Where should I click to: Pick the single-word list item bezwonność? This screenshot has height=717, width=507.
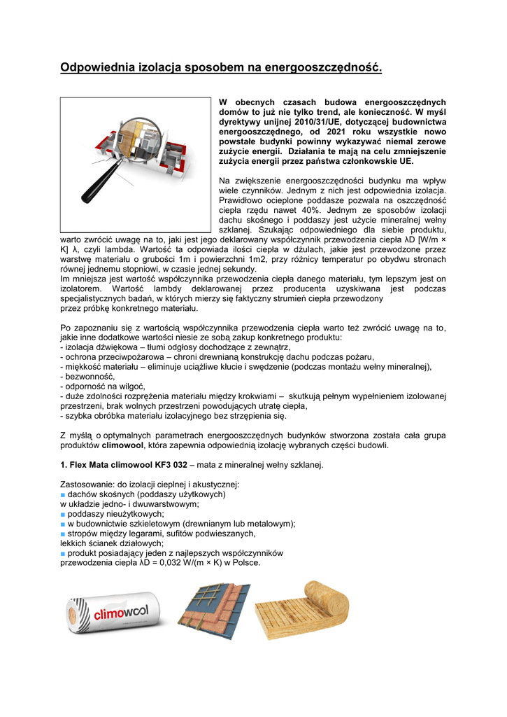pos(90,376)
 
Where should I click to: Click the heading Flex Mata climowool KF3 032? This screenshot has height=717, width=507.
pos(122,466)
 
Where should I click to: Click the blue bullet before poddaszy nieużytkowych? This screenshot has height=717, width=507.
pos(62,514)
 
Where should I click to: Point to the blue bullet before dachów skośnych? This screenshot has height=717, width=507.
pos(62,494)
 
